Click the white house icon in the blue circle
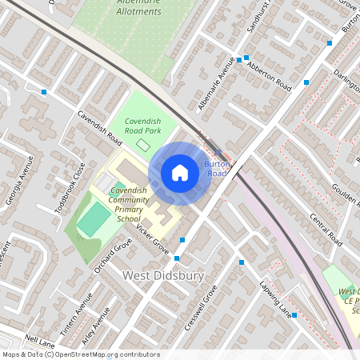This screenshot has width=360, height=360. click(180, 172)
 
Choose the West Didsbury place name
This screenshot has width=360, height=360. click(163, 275)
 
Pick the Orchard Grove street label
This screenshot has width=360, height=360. click(111, 255)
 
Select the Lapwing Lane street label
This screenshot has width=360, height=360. click(273, 297)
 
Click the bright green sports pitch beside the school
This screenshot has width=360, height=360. click(95, 218)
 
